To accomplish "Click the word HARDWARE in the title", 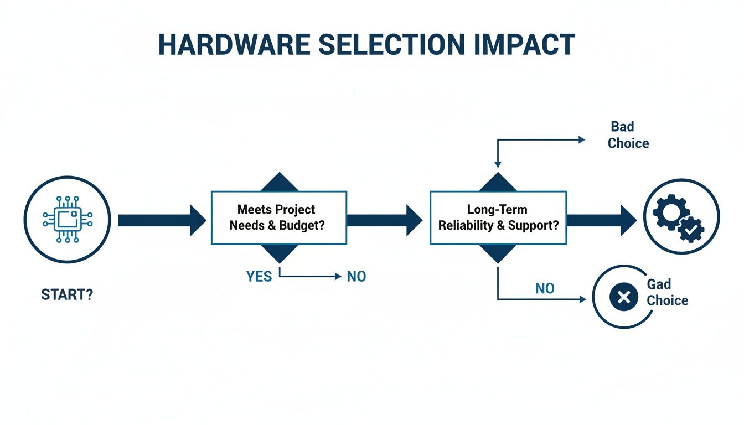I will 231,44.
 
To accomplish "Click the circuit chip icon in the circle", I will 67,219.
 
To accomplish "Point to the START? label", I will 67,294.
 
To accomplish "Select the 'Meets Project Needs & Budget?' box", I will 279,217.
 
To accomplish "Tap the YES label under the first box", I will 259,276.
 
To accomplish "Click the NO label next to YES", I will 356,276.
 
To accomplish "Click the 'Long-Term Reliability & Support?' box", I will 498,217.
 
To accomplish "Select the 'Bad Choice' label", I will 628,135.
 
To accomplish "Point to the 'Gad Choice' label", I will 667,293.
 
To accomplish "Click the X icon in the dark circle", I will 624,298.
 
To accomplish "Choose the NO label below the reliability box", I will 545,288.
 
